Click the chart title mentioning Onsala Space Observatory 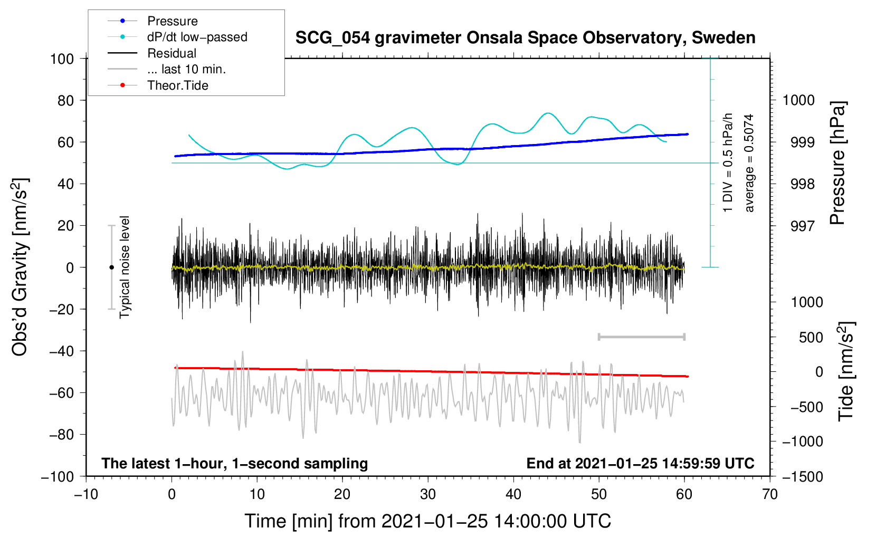pos(525,38)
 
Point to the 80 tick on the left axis pos(65,101)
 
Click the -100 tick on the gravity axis pos(58,477)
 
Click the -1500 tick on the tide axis pos(803,477)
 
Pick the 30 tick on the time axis pos(428,495)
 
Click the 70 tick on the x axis pos(770,495)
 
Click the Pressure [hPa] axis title pos(837,163)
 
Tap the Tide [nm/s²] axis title pos(846,371)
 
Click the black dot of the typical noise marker pos(111,267)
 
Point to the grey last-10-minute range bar pos(642,337)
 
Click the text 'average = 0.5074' pos(749,163)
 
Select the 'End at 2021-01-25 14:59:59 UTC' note pos(640,463)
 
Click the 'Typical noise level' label pos(125,267)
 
